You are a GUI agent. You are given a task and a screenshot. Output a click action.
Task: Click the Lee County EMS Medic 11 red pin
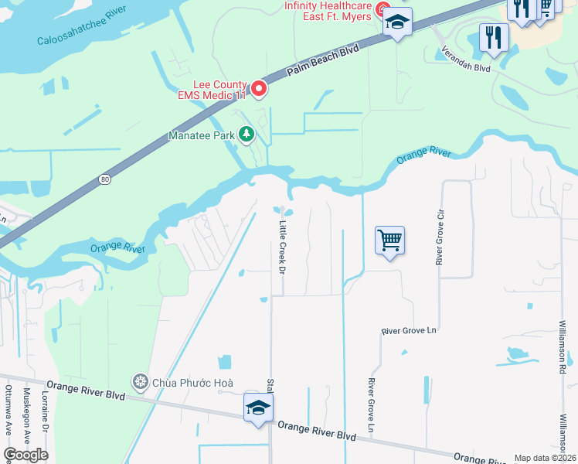(259, 90)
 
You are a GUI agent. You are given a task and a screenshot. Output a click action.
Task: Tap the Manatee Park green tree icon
(246, 135)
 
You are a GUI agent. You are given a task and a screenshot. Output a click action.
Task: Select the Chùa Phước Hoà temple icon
(140, 380)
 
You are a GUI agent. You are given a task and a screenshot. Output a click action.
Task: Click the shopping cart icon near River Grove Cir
(390, 241)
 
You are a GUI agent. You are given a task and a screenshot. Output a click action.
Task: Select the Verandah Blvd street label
(465, 59)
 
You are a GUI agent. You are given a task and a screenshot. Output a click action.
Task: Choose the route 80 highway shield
(104, 179)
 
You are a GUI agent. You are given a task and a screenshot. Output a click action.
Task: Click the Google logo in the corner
(25, 454)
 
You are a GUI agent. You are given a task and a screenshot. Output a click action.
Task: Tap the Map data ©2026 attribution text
(545, 458)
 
